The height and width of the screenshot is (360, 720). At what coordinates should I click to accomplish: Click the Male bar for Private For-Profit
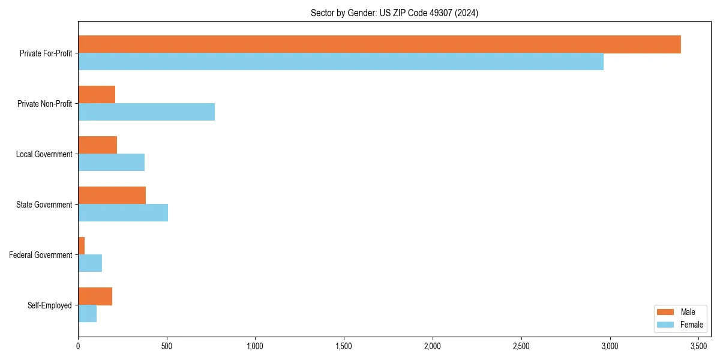379,44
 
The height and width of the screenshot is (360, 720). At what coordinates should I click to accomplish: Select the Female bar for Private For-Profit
341,62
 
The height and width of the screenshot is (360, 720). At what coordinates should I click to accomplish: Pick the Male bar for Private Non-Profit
97,95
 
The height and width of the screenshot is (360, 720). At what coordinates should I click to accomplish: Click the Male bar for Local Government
97,145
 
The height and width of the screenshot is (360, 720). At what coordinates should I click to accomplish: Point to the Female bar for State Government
123,213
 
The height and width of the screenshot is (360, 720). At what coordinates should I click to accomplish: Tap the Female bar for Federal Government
90,263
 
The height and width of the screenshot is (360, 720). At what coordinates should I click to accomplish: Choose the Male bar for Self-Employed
95,296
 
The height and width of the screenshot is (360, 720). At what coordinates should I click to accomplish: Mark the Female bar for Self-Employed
87,314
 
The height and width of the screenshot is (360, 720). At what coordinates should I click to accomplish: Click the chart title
394,13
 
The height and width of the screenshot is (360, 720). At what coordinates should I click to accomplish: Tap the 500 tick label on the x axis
167,346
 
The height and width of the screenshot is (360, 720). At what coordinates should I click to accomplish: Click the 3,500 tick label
698,346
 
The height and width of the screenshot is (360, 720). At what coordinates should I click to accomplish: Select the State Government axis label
44,205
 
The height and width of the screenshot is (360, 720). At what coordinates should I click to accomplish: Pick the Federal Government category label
41,255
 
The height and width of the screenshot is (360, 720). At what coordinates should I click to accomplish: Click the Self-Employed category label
50,305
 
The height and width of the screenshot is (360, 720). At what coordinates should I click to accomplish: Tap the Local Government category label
44,154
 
